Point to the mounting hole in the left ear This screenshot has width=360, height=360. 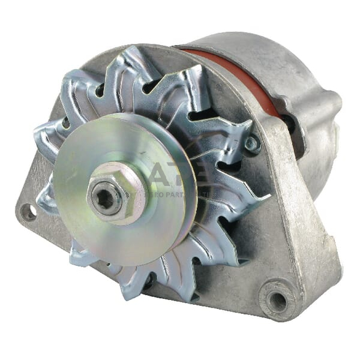(28, 212)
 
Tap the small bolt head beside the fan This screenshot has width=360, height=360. (252, 144)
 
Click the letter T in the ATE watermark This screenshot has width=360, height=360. (180, 174)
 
